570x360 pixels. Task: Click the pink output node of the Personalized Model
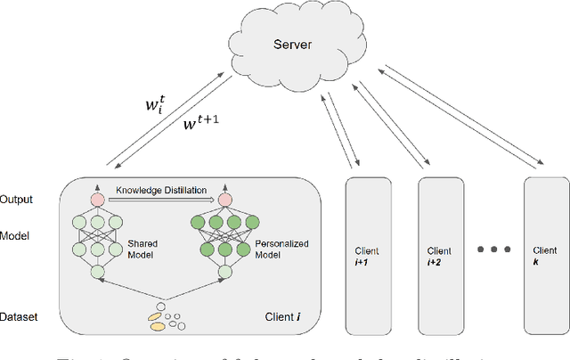(222, 198)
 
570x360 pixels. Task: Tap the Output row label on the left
(18, 199)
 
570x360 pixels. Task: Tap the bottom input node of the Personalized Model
(222, 271)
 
